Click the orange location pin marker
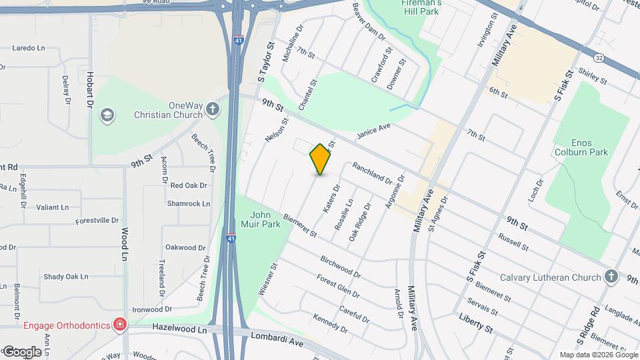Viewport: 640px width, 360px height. click(x=320, y=159)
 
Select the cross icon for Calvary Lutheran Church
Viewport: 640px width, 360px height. click(x=611, y=277)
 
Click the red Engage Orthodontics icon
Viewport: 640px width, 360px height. click(x=119, y=325)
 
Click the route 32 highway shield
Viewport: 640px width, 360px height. click(x=599, y=58)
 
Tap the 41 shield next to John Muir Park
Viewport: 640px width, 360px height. click(x=230, y=238)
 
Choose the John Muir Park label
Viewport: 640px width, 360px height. click(x=261, y=219)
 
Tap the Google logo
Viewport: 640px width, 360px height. click(x=21, y=351)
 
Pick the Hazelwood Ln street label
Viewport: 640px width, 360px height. click(x=180, y=329)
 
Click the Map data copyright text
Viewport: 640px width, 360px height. click(x=598, y=355)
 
